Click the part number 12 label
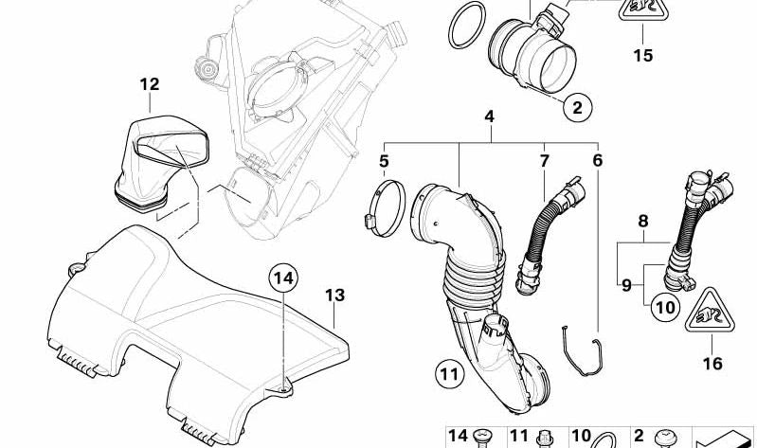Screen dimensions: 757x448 pyautogui.click(x=149, y=84)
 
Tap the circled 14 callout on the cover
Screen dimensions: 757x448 pyautogui.click(x=283, y=278)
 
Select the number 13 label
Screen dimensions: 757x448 pyautogui.click(x=334, y=295)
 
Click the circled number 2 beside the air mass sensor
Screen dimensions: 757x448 pyautogui.click(x=577, y=107)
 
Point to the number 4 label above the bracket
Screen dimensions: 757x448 pyautogui.click(x=490, y=116)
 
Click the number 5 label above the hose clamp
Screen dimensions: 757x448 pyautogui.click(x=384, y=161)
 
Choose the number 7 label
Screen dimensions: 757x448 pyautogui.click(x=545, y=161)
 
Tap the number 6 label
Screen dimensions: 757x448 pyautogui.click(x=598, y=160)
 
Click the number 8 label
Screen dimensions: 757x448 pyautogui.click(x=643, y=221)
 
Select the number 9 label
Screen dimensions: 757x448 pyautogui.click(x=626, y=285)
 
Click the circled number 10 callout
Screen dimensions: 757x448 pyautogui.click(x=665, y=307)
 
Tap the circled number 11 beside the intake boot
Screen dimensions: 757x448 pyautogui.click(x=449, y=374)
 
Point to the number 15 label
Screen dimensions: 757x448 pyautogui.click(x=643, y=56)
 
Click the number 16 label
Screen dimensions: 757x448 pyautogui.click(x=712, y=364)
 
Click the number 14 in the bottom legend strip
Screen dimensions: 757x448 pyautogui.click(x=458, y=436)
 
